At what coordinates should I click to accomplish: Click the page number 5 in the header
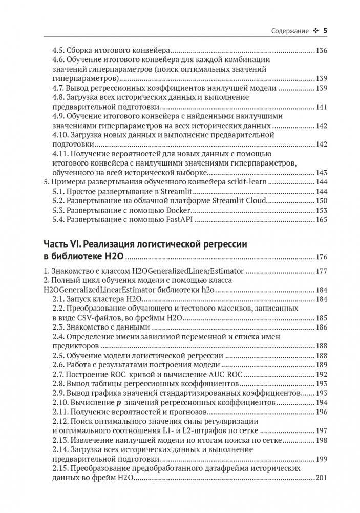[x=325, y=31]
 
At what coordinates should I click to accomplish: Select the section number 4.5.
[x=59, y=51]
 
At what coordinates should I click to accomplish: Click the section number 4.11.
[x=61, y=154]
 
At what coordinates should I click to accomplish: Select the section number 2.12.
[x=61, y=421]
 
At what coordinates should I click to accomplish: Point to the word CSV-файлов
[x=86, y=318]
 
